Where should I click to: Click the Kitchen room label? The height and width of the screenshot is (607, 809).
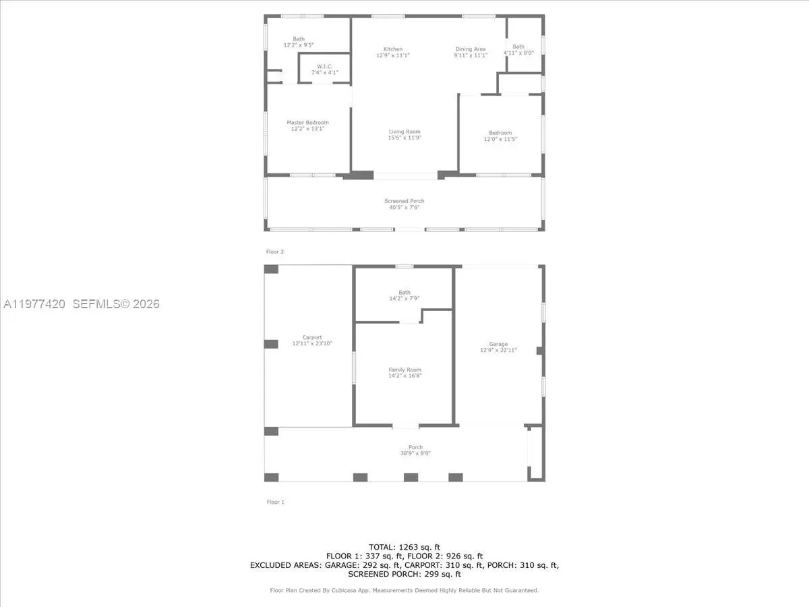click(x=393, y=49)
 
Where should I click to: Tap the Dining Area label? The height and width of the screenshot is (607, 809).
click(x=471, y=49)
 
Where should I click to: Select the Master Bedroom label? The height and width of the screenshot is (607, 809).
click(x=307, y=122)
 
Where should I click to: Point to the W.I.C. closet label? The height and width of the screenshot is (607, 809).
click(x=325, y=66)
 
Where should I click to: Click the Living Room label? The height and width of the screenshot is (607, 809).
click(x=404, y=132)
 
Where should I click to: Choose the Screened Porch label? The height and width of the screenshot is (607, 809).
click(x=404, y=201)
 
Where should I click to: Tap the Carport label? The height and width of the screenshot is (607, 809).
click(x=312, y=337)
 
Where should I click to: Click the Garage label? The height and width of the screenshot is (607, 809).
click(x=498, y=344)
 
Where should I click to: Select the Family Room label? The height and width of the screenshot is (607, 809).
click(x=404, y=370)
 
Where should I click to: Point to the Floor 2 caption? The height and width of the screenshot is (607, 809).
click(x=275, y=252)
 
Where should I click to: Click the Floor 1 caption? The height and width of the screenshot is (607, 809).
click(x=275, y=502)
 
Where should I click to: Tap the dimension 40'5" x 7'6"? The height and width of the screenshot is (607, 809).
click(x=404, y=207)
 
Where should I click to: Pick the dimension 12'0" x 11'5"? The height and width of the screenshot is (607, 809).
click(x=500, y=139)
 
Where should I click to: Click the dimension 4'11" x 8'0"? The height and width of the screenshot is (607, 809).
click(x=518, y=53)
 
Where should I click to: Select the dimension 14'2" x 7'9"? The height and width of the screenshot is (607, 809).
click(x=404, y=298)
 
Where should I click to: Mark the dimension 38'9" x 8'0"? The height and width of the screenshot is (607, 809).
click(x=415, y=453)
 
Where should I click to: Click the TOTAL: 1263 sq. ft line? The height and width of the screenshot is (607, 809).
click(x=404, y=547)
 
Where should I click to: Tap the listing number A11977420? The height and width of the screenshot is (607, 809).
click(x=34, y=304)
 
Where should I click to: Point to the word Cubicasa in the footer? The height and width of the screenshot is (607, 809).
click(x=344, y=590)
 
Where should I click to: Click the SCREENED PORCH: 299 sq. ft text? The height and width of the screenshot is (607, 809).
click(x=404, y=574)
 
